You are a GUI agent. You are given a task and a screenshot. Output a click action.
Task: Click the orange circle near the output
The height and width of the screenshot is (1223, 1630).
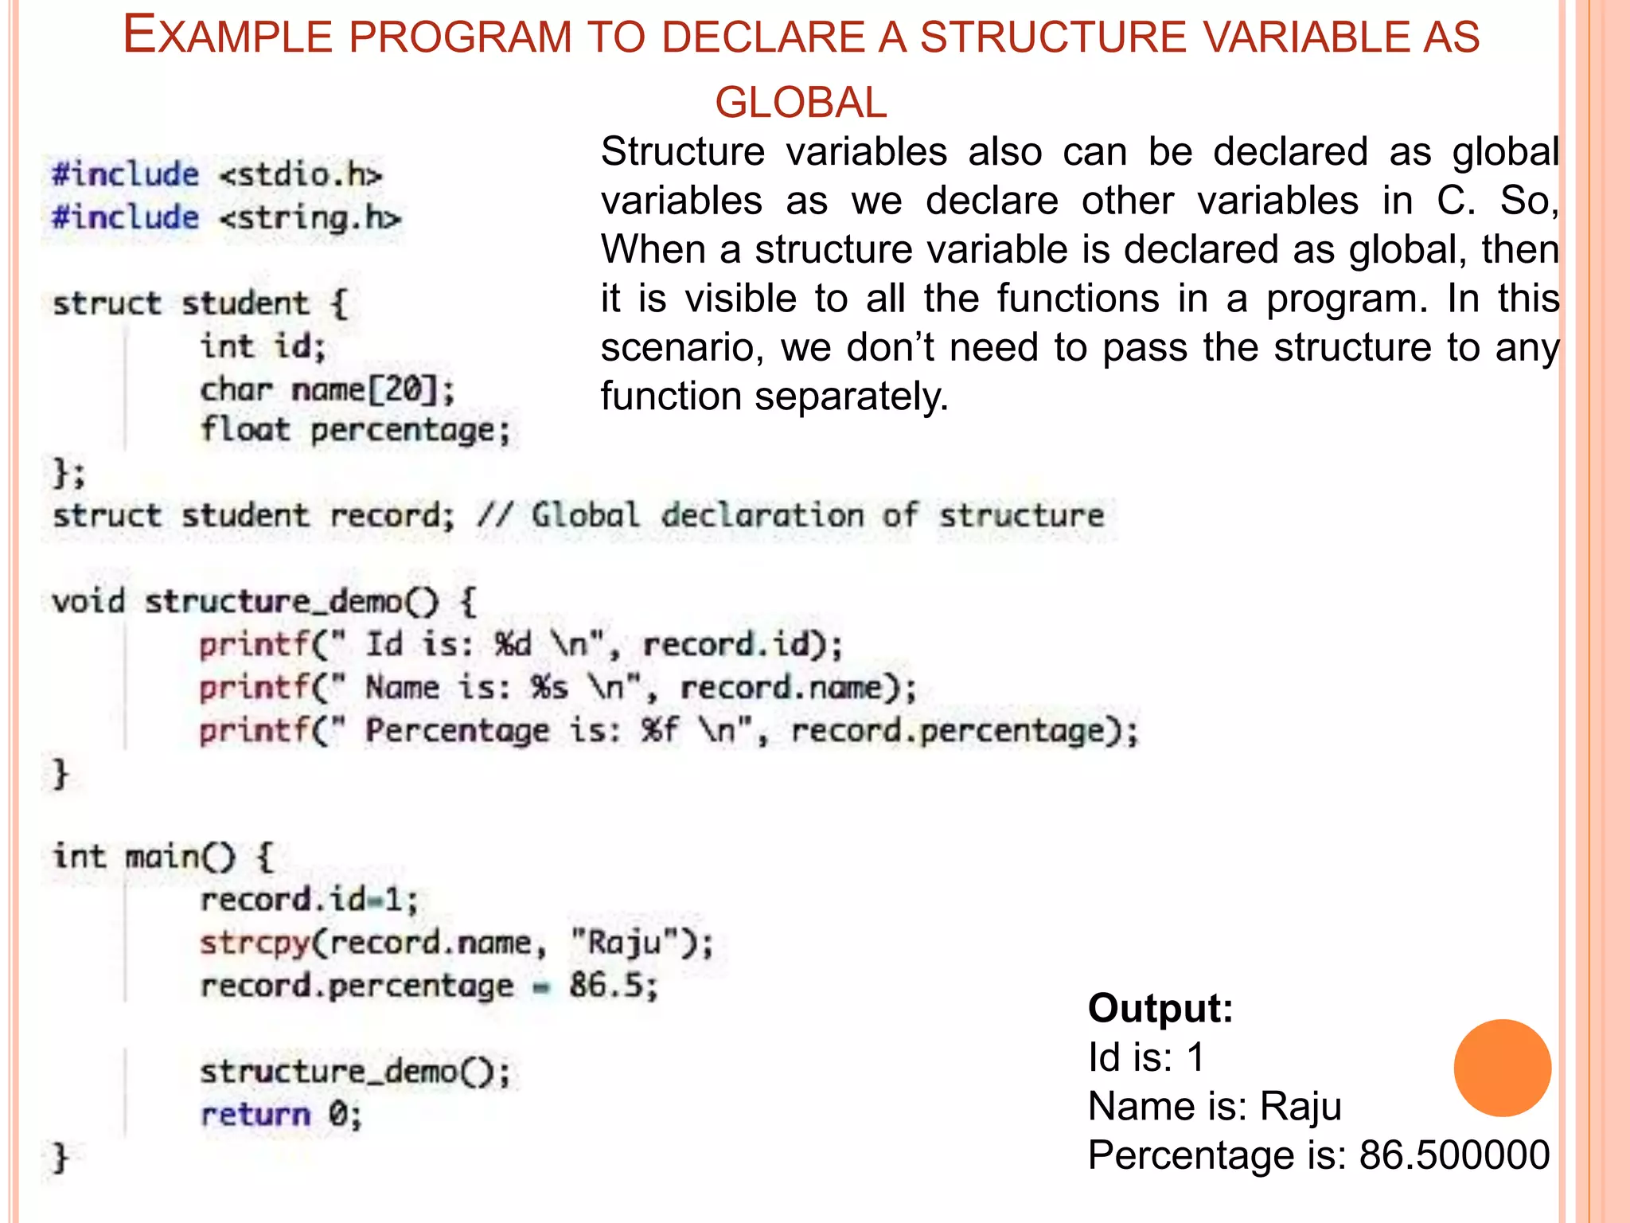(1502, 1068)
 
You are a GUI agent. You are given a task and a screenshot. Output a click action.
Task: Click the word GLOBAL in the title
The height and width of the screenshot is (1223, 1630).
(801, 103)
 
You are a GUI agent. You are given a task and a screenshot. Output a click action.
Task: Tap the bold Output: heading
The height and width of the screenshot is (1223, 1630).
(1160, 1008)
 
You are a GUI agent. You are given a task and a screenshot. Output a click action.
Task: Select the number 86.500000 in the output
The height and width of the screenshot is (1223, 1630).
(1454, 1155)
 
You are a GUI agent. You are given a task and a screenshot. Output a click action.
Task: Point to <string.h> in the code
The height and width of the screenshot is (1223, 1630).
(310, 218)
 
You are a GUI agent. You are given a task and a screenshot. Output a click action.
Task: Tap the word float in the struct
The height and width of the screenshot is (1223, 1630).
(244, 430)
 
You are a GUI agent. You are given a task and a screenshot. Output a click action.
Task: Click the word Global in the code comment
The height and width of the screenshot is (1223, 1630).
(585, 515)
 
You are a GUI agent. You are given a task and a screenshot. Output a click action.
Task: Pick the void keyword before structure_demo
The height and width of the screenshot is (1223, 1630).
(88, 601)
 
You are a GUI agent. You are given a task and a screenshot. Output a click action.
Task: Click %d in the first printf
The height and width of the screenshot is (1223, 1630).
(513, 644)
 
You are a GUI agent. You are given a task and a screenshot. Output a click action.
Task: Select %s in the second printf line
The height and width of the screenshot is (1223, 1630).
(550, 687)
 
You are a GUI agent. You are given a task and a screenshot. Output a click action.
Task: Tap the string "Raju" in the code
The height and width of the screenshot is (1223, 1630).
(625, 944)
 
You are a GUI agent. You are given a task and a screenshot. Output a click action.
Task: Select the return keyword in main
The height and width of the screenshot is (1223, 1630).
(255, 1114)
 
